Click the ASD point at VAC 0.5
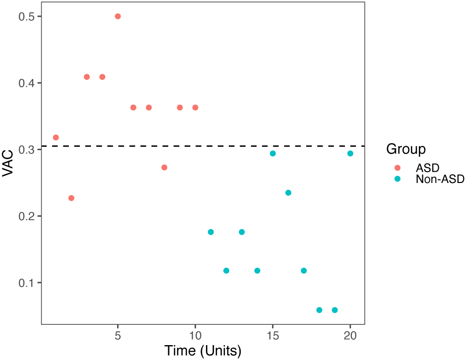pyautogui.click(x=118, y=16)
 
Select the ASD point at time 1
pyautogui.click(x=56, y=137)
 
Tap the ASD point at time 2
pyautogui.click(x=71, y=198)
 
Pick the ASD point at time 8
pyautogui.click(x=164, y=168)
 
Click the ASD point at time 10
pyautogui.click(x=195, y=108)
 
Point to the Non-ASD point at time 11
pyautogui.click(x=211, y=232)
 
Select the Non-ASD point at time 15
pyautogui.click(x=273, y=154)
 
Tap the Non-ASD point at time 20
pyautogui.click(x=350, y=154)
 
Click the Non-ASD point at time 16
pyautogui.click(x=288, y=193)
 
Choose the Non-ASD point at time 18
pyautogui.click(x=319, y=310)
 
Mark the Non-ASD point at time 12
pyautogui.click(x=226, y=271)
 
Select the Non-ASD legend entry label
pyautogui.click(x=440, y=180)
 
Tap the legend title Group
pyautogui.click(x=405, y=149)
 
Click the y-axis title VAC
pyautogui.click(x=8, y=163)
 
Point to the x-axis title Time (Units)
pyautogui.click(x=203, y=351)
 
